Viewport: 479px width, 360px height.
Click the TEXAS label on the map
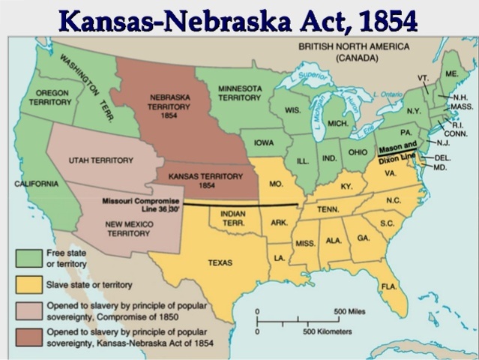pyautogui.click(x=220, y=262)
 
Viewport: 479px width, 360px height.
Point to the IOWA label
pyautogui.click(x=264, y=142)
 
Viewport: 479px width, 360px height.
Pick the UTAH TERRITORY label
pyautogui.click(x=100, y=160)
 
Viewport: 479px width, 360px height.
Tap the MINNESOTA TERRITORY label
pyautogui.click(x=240, y=92)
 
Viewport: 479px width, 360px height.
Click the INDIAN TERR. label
pyautogui.click(x=233, y=217)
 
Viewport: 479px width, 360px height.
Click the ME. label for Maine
pyautogui.click(x=451, y=74)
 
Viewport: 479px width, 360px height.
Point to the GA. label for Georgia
pyautogui.click(x=363, y=238)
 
